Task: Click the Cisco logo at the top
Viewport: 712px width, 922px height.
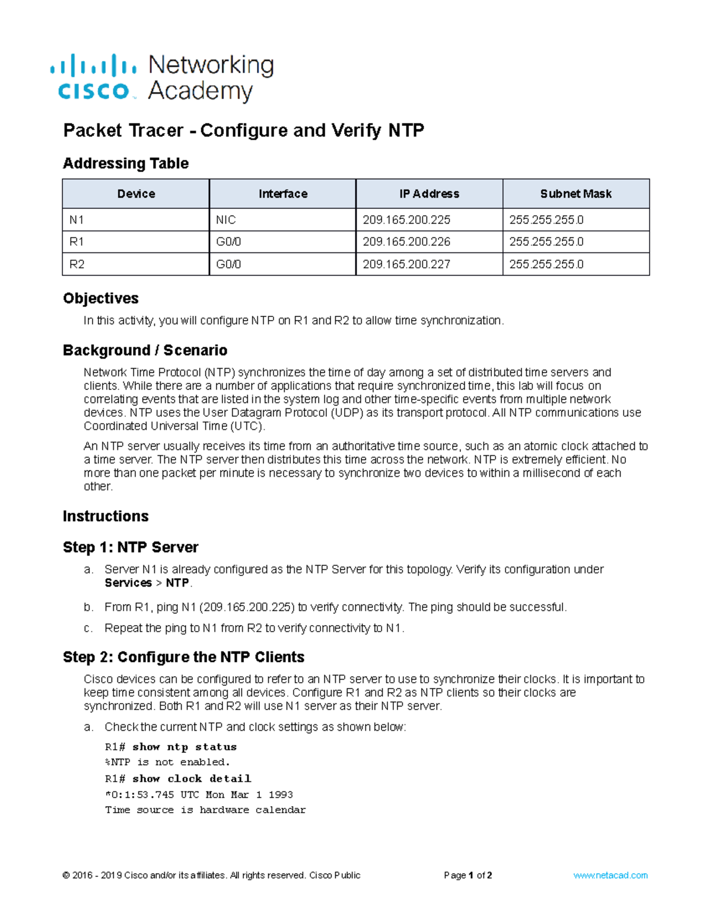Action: click(x=94, y=77)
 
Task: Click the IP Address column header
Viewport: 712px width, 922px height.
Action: click(x=429, y=194)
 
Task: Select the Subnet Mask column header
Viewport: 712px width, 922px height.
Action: click(x=576, y=194)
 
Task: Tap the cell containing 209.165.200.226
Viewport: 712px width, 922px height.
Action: click(x=406, y=242)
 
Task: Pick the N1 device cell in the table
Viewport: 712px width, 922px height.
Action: click(x=77, y=220)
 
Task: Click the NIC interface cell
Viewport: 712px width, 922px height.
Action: click(x=226, y=220)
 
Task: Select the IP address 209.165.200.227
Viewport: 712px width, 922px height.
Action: click(x=406, y=264)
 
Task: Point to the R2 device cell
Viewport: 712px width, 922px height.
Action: click(x=77, y=264)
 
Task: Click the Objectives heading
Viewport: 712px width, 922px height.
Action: click(x=101, y=298)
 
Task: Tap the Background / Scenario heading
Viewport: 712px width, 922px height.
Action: click(x=145, y=350)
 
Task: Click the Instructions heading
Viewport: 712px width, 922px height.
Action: click(x=106, y=516)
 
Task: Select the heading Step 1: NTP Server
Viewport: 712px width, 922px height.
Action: click(x=131, y=547)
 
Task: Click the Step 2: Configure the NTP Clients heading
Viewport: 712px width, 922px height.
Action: click(x=183, y=657)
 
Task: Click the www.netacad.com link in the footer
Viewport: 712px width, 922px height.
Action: click(x=610, y=875)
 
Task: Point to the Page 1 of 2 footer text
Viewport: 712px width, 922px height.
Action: click(x=468, y=875)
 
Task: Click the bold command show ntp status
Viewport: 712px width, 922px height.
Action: click(x=185, y=747)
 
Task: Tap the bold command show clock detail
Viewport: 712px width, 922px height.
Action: click(x=192, y=778)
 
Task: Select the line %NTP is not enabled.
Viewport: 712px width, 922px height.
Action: click(x=167, y=762)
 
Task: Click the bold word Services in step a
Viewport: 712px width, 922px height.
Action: click(x=128, y=583)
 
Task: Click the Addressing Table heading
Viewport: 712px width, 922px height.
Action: click(x=126, y=163)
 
